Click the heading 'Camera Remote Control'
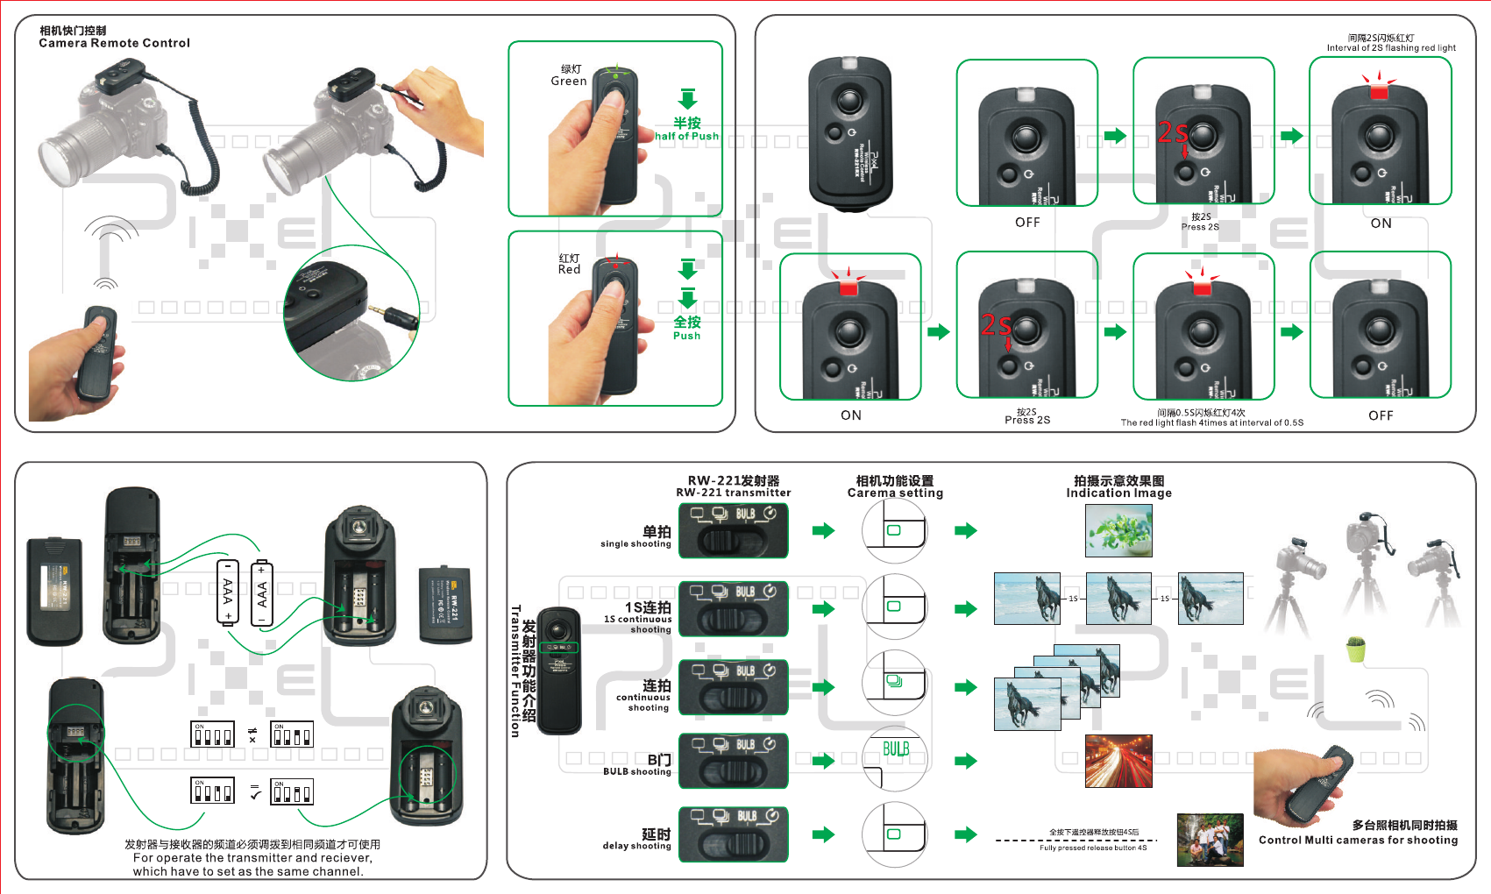[x=114, y=43]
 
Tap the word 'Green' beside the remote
[x=569, y=81]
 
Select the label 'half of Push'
[x=686, y=136]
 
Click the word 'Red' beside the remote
[x=570, y=269]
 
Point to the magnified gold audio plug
[x=400, y=316]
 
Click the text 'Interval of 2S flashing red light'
[x=1391, y=48]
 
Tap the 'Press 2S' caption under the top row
[x=1200, y=227]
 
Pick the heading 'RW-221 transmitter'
[x=734, y=493]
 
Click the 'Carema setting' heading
[x=895, y=493]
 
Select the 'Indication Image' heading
[x=1118, y=493]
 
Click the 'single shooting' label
[x=635, y=543]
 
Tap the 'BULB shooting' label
[x=636, y=771]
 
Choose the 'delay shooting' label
[x=636, y=846]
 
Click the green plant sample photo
[x=1118, y=531]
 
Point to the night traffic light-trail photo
[x=1118, y=761]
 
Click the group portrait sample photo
[x=1210, y=840]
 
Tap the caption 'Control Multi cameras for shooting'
[x=1358, y=840]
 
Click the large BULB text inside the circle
[x=896, y=749]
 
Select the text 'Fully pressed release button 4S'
[x=1092, y=848]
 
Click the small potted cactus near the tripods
[x=1356, y=649]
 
